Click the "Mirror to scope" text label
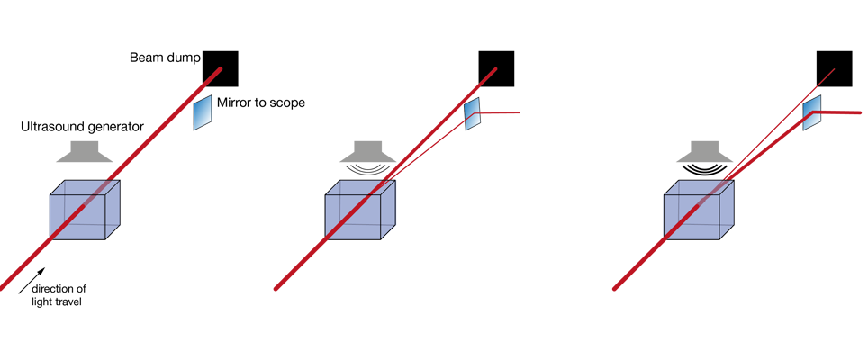261,103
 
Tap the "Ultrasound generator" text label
82,127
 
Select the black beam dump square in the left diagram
220,68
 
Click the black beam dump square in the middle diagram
496,68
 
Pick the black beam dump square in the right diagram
834,68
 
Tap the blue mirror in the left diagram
203,112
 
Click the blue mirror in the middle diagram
473,115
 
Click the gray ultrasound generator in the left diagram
85,151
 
